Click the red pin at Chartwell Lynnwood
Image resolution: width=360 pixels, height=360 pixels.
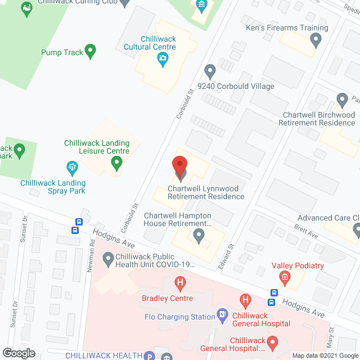(179, 166)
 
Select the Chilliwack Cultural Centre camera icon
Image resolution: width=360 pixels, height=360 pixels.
(163, 58)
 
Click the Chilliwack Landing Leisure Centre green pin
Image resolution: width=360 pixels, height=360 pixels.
(116, 163)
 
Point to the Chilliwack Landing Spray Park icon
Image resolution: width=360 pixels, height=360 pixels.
(71, 167)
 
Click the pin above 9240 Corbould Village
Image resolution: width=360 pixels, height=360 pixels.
(210, 71)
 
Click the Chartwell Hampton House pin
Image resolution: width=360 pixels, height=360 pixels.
(198, 235)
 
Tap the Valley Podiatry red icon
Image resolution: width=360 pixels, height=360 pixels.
(285, 276)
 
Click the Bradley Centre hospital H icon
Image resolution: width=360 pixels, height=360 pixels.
(179, 283)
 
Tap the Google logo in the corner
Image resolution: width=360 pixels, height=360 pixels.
(19, 353)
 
